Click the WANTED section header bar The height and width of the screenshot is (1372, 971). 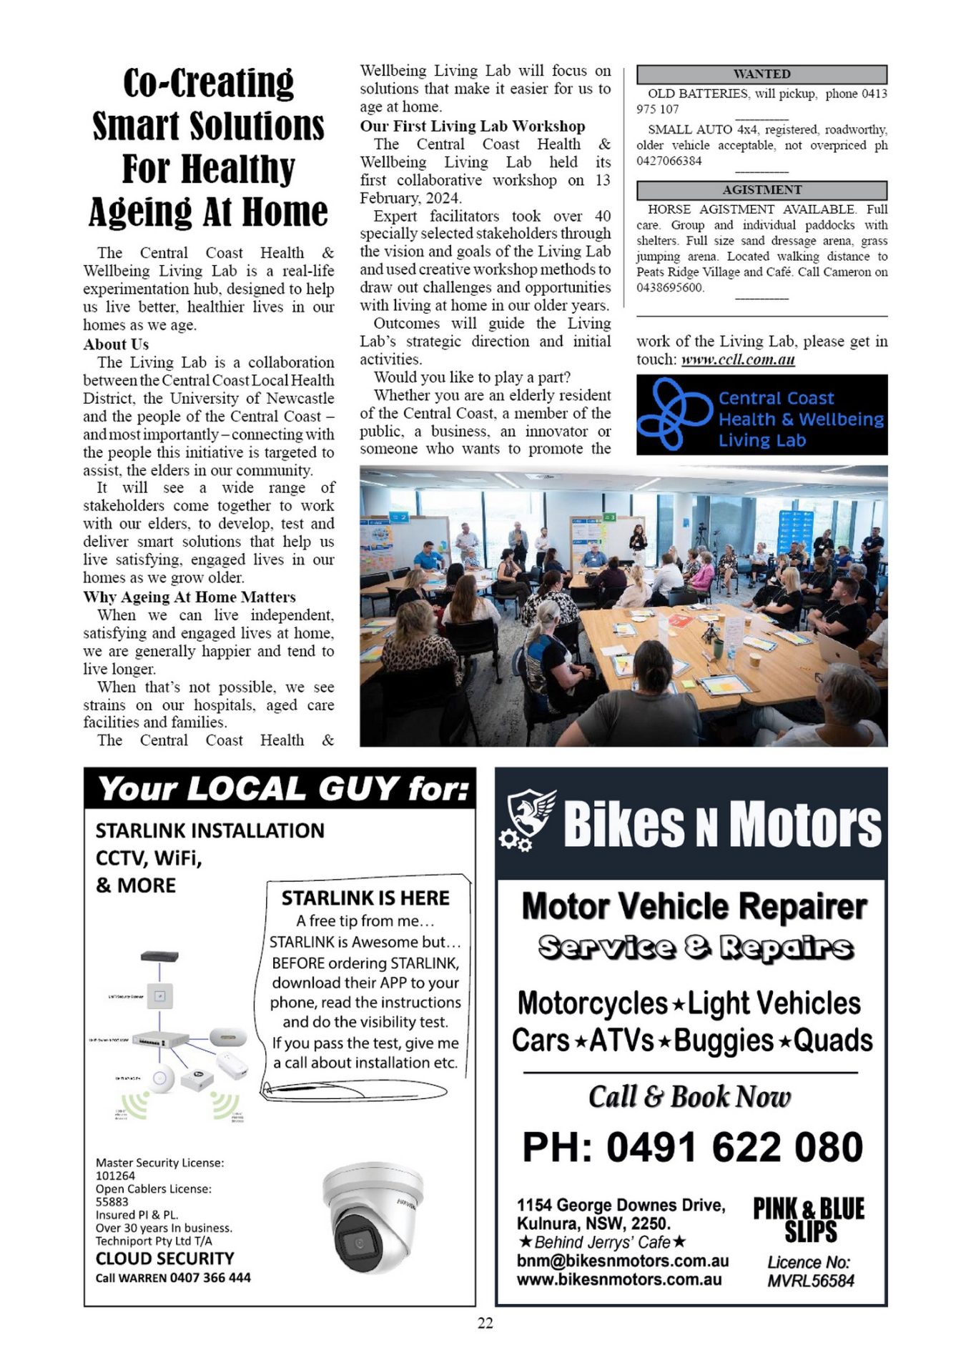click(761, 74)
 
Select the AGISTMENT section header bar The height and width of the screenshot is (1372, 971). click(761, 190)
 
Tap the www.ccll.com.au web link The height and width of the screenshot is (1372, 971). click(738, 359)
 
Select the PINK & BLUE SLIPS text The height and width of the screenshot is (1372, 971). click(809, 1220)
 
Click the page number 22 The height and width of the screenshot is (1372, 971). click(485, 1323)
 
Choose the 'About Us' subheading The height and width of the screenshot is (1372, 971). click(116, 344)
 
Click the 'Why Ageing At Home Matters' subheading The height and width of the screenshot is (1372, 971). click(189, 597)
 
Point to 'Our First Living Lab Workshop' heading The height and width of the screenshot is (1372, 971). click(472, 126)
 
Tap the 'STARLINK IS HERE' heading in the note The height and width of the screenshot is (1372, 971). click(365, 898)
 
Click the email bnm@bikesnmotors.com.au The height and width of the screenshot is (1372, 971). click(622, 1261)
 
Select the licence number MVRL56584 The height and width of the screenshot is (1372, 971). click(811, 1281)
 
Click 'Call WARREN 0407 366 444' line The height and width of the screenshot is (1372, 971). click(173, 1278)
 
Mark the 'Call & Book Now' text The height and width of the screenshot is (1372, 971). click(689, 1097)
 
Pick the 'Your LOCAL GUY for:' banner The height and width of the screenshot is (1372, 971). click(283, 789)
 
